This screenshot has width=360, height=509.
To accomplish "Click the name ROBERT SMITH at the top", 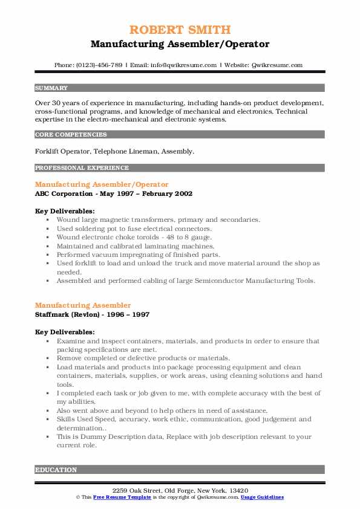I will pyautogui.click(x=180, y=30).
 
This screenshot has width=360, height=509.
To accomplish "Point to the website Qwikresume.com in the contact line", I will pyautogui.click(x=278, y=65).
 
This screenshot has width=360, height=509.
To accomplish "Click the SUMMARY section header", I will pyautogui.click(x=51, y=88).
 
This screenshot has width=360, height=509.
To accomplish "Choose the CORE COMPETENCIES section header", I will pyautogui.click(x=71, y=135).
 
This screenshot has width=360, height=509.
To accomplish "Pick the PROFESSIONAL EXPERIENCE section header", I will pyautogui.click(x=82, y=168).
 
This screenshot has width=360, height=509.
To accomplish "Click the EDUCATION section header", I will pyautogui.click(x=56, y=470).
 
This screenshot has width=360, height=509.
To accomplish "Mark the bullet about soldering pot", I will pyautogui.click(x=134, y=229).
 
